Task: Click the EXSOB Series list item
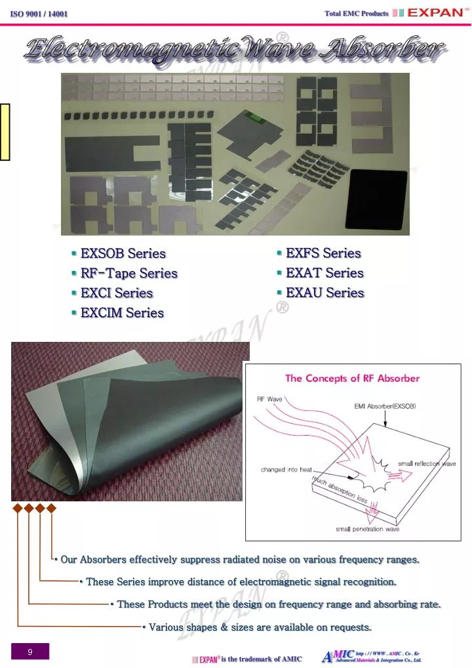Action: (x=123, y=253)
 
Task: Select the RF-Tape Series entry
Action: (x=128, y=273)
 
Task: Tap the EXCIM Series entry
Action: (x=122, y=313)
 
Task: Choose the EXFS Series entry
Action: (x=323, y=253)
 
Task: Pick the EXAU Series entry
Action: (x=324, y=293)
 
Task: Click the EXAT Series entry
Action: (x=324, y=273)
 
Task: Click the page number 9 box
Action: (x=29, y=652)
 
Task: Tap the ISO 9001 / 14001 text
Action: (x=39, y=14)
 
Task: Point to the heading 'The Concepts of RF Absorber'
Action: (x=352, y=379)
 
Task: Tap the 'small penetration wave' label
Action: (x=367, y=529)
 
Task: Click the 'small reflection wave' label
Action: (x=426, y=465)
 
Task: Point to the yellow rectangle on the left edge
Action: (x=5, y=131)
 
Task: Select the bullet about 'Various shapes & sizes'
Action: (x=257, y=627)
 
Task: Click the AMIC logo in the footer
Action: (x=339, y=656)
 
